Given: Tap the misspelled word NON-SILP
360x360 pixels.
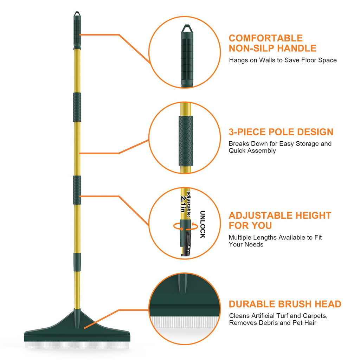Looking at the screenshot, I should [x=251, y=48].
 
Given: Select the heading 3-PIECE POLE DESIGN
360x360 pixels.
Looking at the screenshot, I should [x=281, y=132].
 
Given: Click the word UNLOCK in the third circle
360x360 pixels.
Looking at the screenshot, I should [x=202, y=225].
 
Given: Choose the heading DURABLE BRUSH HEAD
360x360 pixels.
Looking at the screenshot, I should [x=285, y=304].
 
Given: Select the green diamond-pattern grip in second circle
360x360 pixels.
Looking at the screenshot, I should [x=185, y=141].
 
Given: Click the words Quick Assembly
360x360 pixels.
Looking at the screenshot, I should [x=252, y=151].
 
